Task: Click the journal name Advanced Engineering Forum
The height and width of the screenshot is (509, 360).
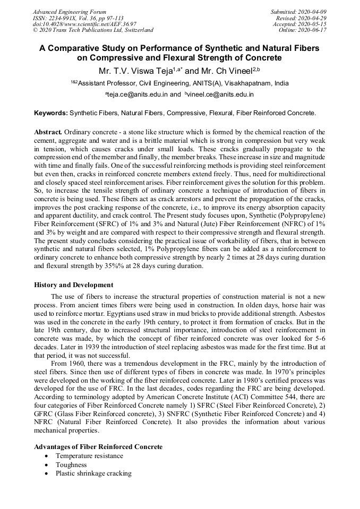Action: tap(69, 12)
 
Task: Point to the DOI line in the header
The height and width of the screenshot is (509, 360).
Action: tap(84, 24)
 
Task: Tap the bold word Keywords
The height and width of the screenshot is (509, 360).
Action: tap(51, 113)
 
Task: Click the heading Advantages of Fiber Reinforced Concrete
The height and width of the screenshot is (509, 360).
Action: tap(98, 447)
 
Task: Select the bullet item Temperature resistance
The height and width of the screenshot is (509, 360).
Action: tap(89, 456)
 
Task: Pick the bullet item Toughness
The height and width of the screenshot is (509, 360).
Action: tap(71, 465)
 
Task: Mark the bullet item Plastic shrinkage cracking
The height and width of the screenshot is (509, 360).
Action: tap(93, 473)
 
